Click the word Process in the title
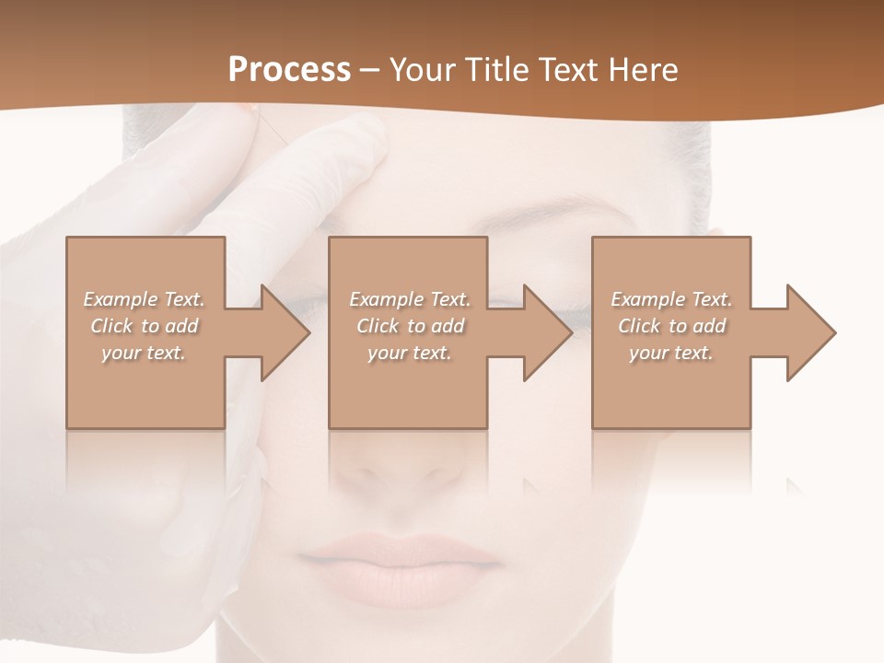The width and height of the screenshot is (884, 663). point(289,69)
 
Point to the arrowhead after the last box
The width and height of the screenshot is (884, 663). point(809,332)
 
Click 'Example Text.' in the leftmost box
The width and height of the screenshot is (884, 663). point(144,299)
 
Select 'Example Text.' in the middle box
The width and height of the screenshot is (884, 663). point(409,299)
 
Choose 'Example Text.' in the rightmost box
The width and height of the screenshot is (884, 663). point(671,299)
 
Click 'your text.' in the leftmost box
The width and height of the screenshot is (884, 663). point(144,353)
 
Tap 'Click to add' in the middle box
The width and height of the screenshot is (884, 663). point(409,326)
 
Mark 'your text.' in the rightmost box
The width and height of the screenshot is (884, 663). point(671,353)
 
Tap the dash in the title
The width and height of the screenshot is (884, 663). point(370,70)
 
